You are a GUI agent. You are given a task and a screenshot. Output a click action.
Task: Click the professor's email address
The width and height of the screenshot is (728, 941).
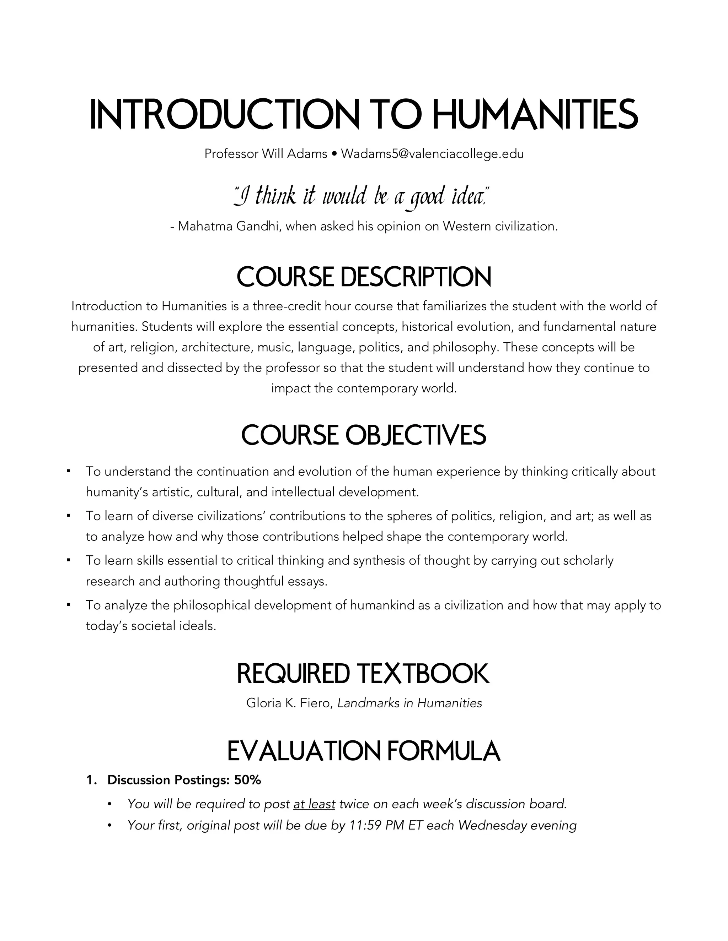[432, 154]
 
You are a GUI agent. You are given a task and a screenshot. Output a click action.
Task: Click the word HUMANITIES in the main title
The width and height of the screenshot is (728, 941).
[534, 115]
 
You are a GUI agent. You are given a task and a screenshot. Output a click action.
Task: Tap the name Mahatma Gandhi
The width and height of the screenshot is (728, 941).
[228, 226]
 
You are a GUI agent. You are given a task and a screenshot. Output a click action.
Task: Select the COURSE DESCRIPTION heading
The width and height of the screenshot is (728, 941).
[364, 277]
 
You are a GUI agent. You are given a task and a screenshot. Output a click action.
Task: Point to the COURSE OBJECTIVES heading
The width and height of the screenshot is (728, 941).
[364, 435]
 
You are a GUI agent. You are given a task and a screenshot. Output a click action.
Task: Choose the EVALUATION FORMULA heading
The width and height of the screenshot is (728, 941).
[364, 751]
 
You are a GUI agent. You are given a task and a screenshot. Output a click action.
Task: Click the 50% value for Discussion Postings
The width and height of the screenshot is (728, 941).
[247, 780]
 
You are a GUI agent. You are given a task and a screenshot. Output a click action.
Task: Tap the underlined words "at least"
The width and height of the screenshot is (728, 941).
[314, 804]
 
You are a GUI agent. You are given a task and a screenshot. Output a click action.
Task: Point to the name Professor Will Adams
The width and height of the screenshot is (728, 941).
[266, 154]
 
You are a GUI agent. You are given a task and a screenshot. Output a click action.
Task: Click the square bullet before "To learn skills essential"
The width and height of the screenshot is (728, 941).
[68, 560]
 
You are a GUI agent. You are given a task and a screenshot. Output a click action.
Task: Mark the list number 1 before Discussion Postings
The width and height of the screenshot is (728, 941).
[91, 780]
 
